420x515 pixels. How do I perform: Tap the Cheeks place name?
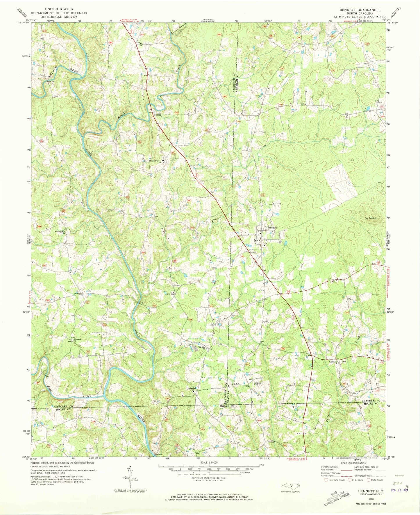[x=157, y=115]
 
